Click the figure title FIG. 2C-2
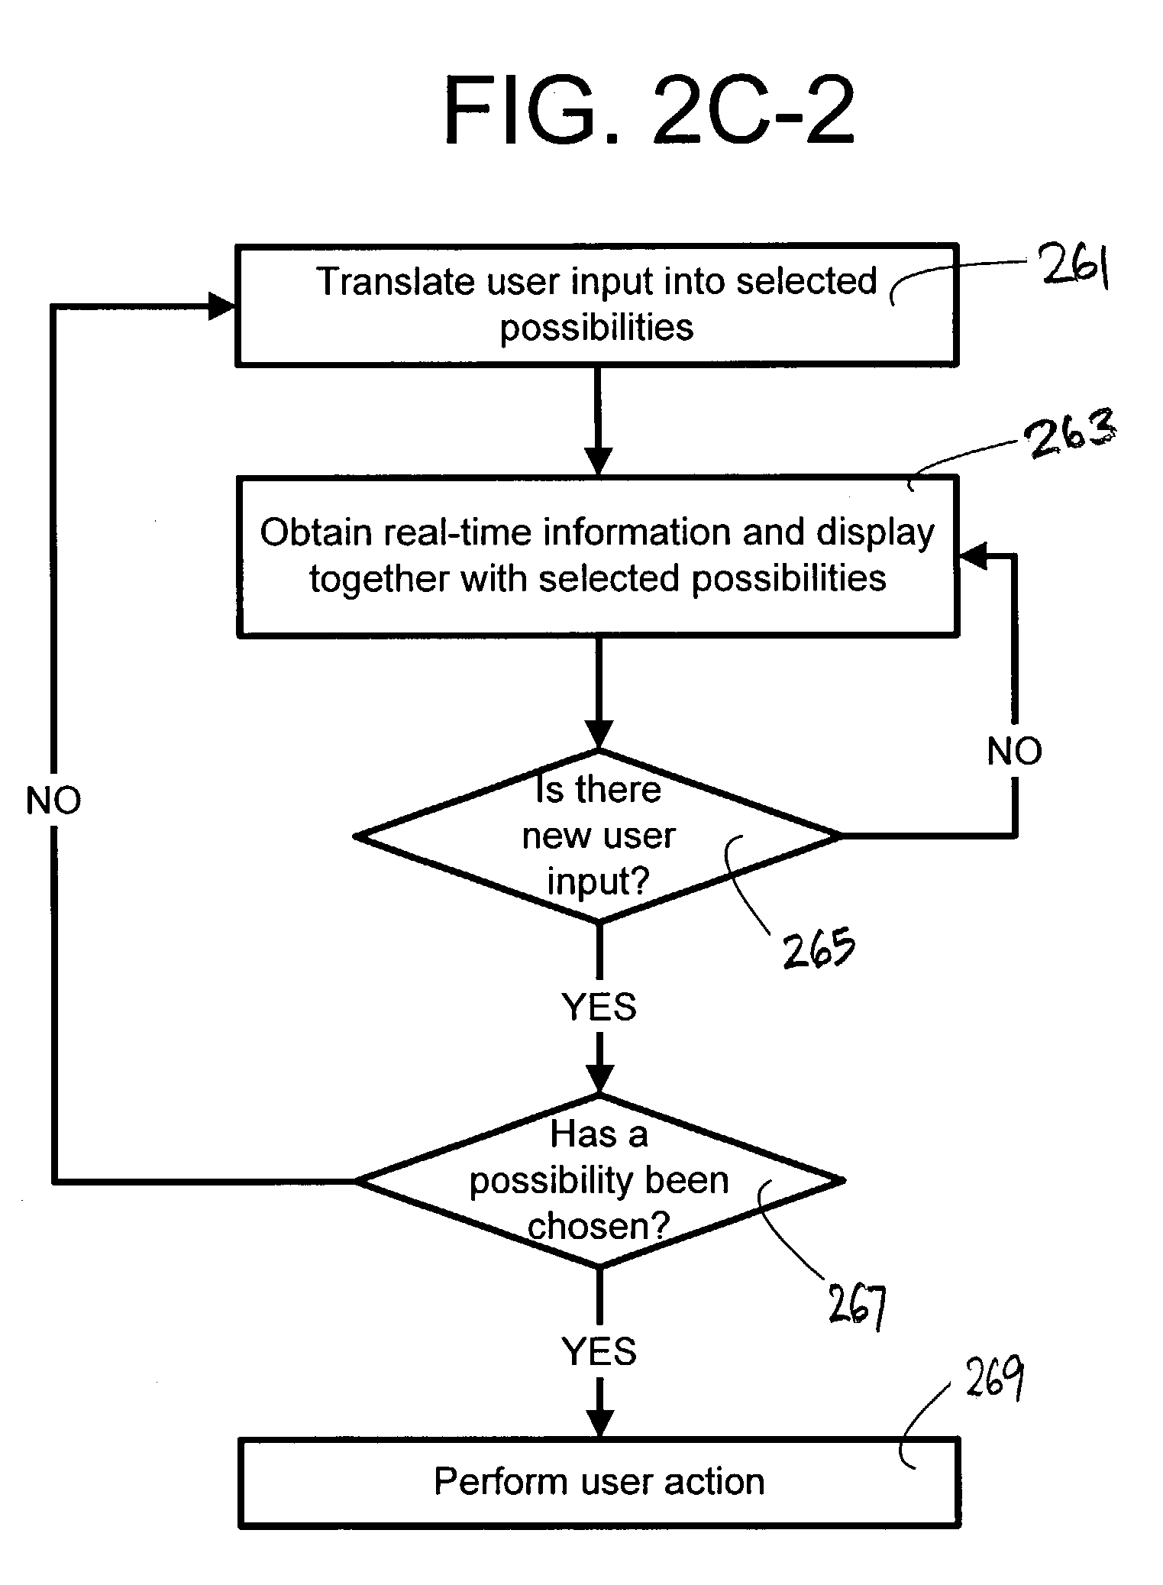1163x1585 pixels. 648,111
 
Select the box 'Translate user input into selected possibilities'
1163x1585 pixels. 596,305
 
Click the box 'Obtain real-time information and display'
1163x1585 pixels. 597,555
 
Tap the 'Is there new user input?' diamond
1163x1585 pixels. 598,836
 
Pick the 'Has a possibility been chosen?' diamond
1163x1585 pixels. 599,1180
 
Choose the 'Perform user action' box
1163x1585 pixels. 599,1482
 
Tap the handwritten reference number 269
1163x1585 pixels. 993,1380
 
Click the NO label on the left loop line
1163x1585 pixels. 53,801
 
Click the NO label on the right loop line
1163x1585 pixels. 1014,751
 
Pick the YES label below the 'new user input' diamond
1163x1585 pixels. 599,1007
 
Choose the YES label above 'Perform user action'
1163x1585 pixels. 599,1351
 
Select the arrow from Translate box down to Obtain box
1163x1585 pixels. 598,420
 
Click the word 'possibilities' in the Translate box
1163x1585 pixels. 596,328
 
